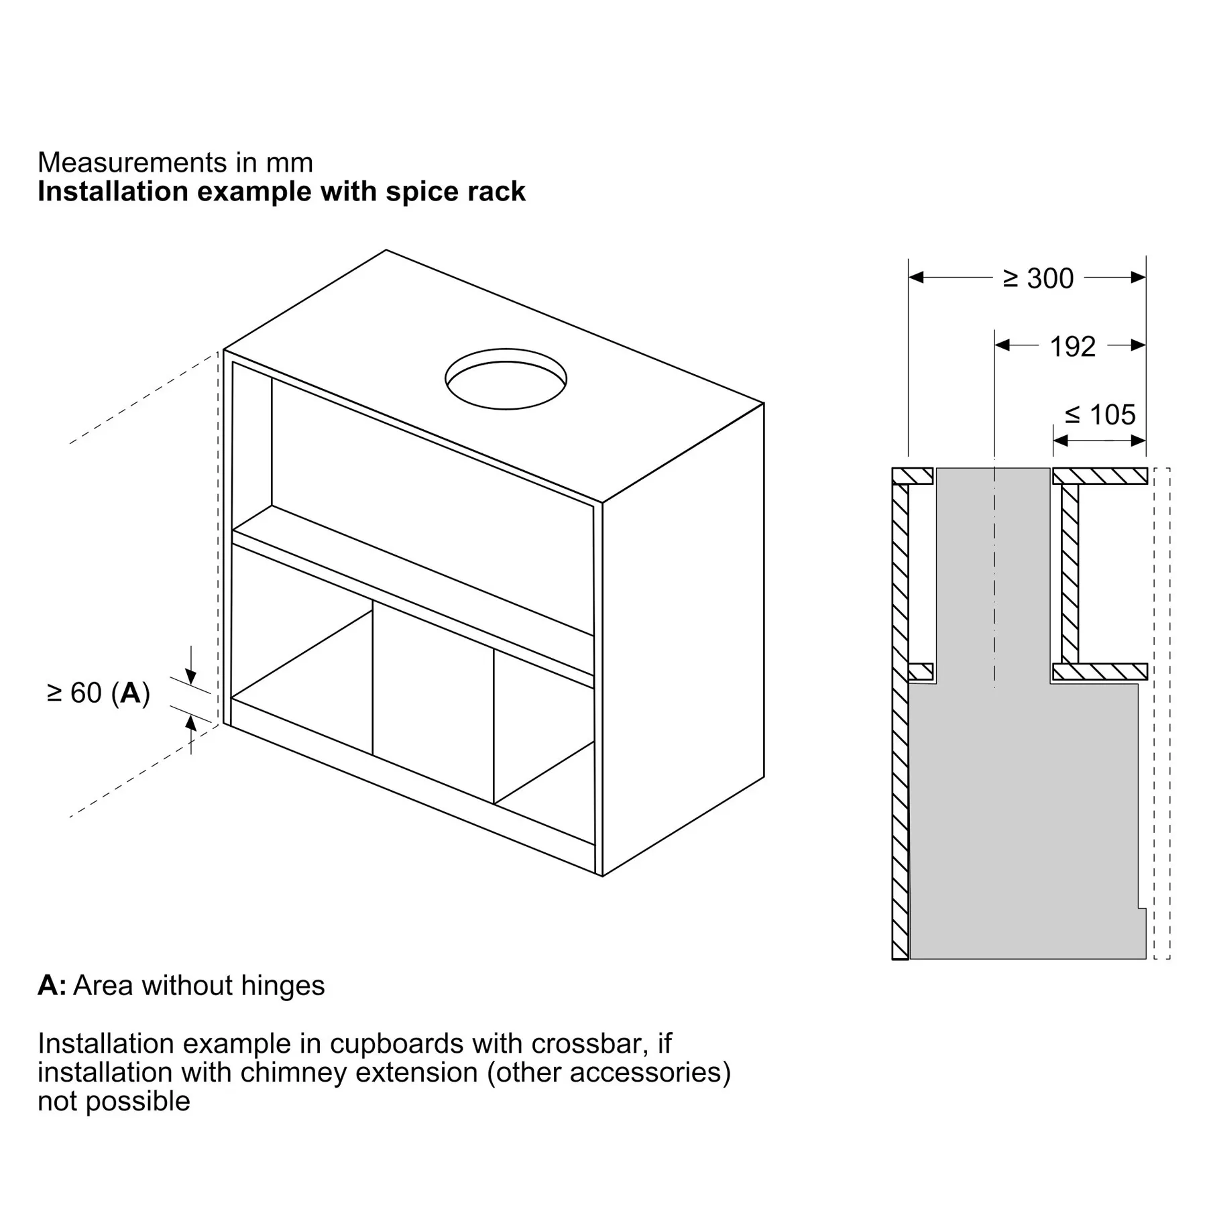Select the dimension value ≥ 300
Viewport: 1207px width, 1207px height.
pyautogui.click(x=1038, y=278)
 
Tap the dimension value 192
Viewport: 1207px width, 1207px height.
pyautogui.click(x=1072, y=346)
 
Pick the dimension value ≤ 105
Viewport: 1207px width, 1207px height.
pyautogui.click(x=1100, y=414)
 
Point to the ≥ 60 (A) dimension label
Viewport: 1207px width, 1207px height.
pyautogui.click(x=99, y=693)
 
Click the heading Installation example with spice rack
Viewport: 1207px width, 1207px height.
pyautogui.click(x=282, y=192)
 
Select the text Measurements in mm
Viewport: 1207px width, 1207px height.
pyautogui.click(x=176, y=162)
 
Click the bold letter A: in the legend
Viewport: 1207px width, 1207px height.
pyautogui.click(x=52, y=986)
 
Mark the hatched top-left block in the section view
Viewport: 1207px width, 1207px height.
pyautogui.click(x=912, y=476)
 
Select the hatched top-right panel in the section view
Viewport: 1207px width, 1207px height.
pyautogui.click(x=1100, y=476)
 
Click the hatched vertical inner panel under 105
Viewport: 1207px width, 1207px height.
pyautogui.click(x=1070, y=574)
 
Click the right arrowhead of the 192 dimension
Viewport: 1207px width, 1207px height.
pyautogui.click(x=1137, y=345)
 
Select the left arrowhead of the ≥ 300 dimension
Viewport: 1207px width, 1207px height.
pyautogui.click(x=917, y=277)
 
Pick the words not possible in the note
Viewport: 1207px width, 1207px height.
pyautogui.click(x=114, y=1102)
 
